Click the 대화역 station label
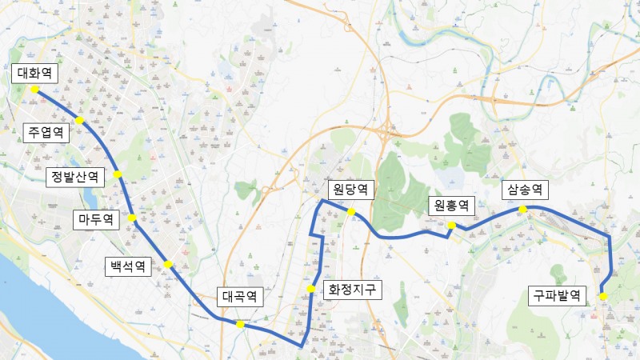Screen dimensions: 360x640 coord(34,74)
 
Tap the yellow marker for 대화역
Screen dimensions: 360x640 coord(35,90)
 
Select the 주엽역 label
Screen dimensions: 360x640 coord(46,132)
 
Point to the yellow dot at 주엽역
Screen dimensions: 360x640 coord(80,120)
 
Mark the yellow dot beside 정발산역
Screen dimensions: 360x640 coord(118,174)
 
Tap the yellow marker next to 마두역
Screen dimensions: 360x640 coord(132,218)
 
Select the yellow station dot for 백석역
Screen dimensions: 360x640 coord(168,264)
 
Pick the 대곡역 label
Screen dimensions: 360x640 coord(240,297)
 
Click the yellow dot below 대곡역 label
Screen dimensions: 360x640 coord(240,324)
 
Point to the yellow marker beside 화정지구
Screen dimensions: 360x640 coord(311,289)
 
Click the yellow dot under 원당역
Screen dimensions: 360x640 coord(351,211)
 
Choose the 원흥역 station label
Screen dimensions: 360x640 coord(451,206)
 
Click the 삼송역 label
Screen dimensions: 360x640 coord(523,190)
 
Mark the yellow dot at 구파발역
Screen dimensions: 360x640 coord(603,297)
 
